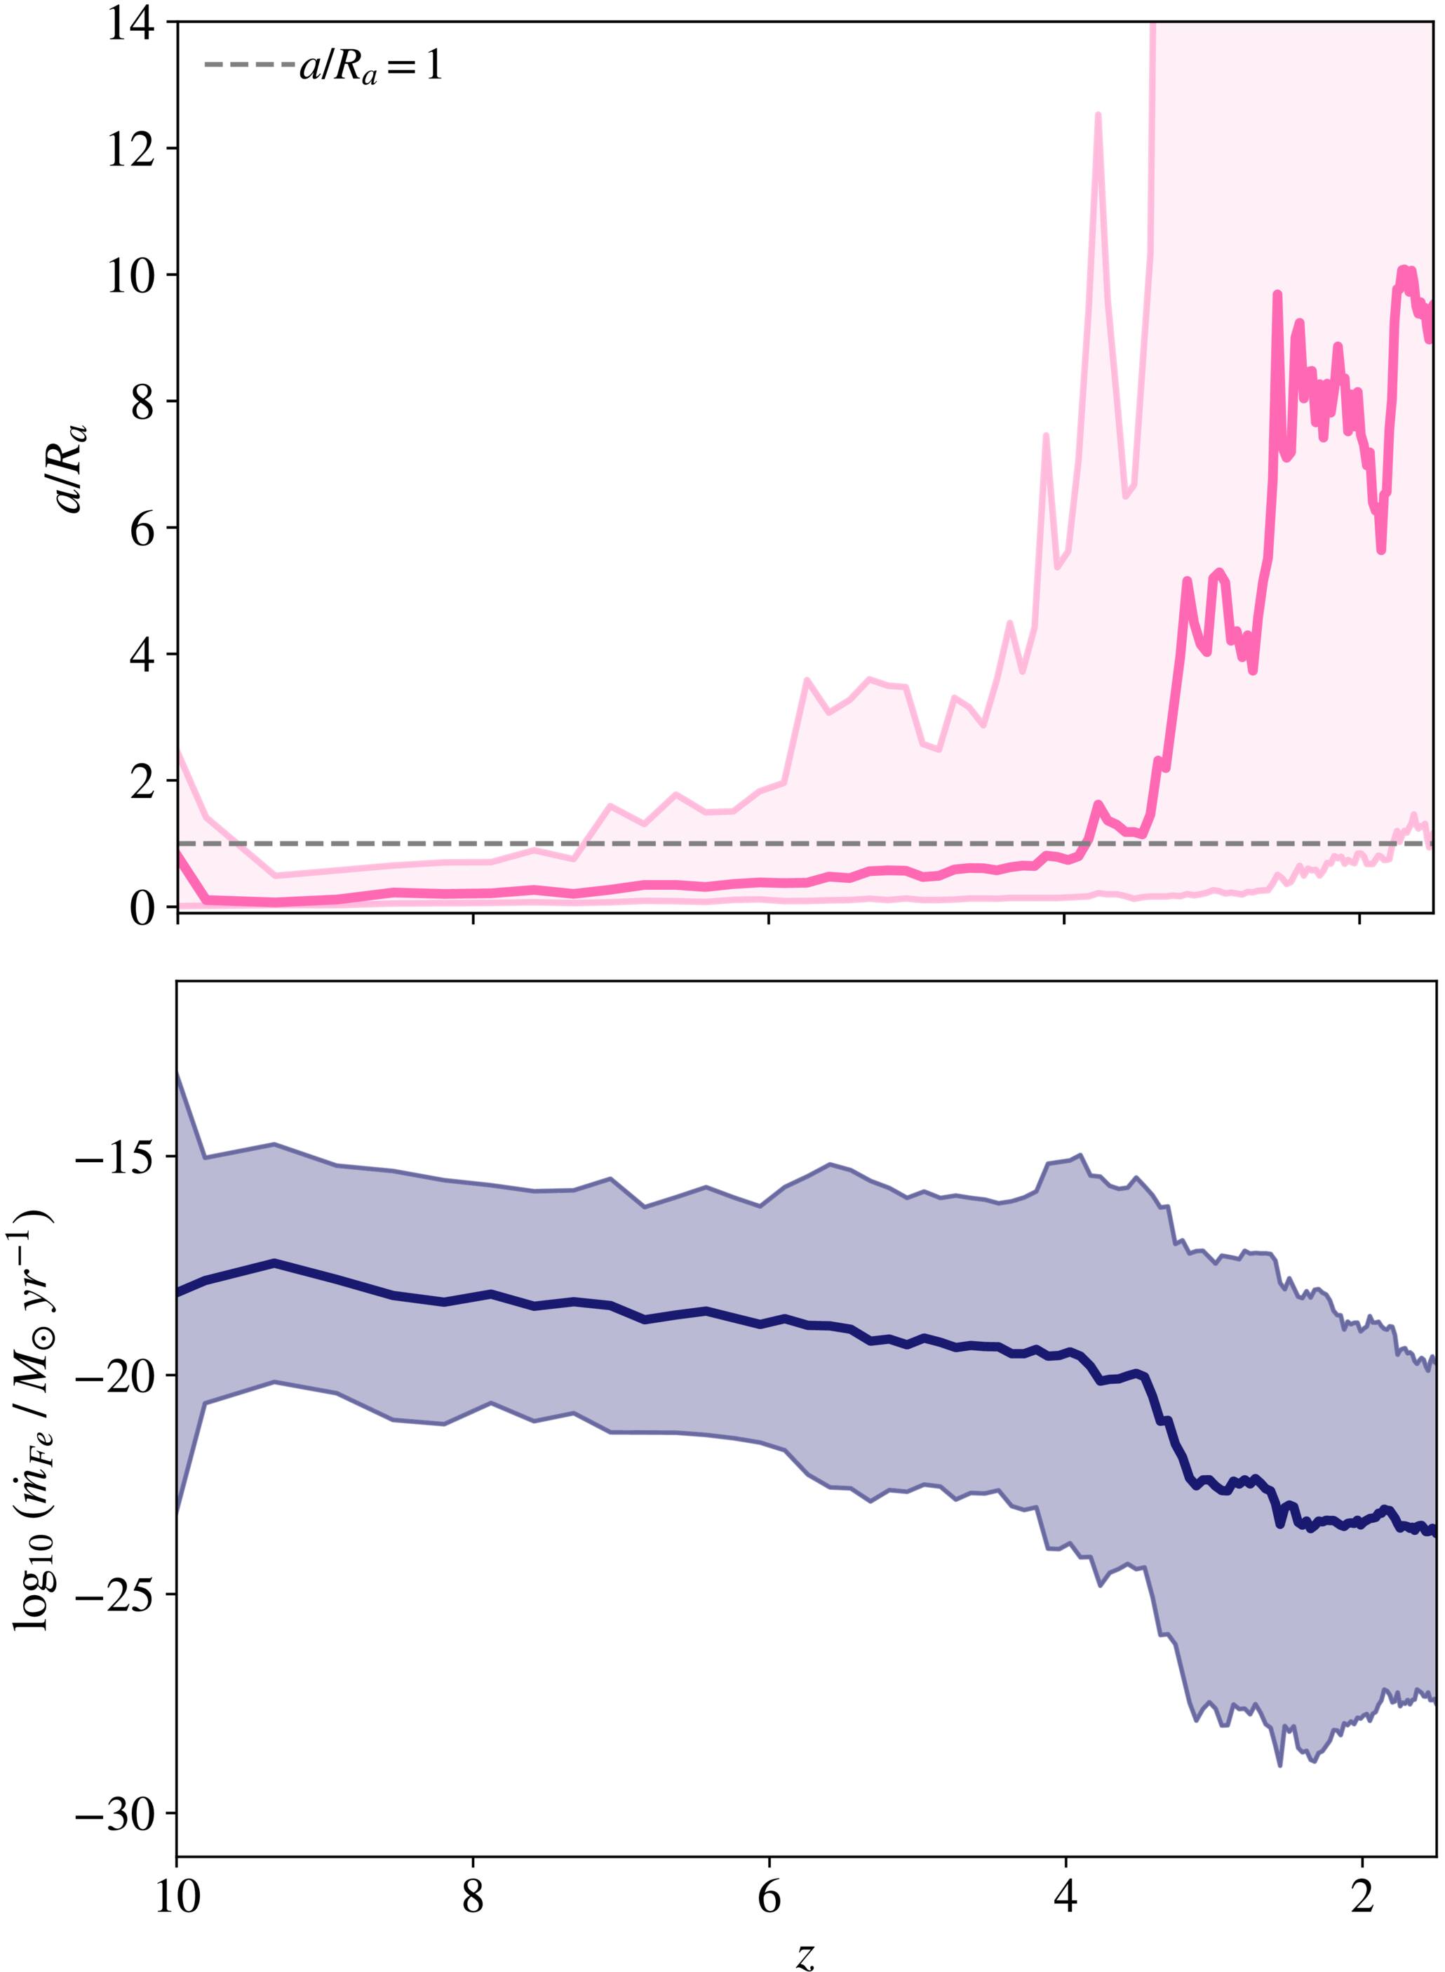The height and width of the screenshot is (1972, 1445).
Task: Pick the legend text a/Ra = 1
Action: coord(371,67)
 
